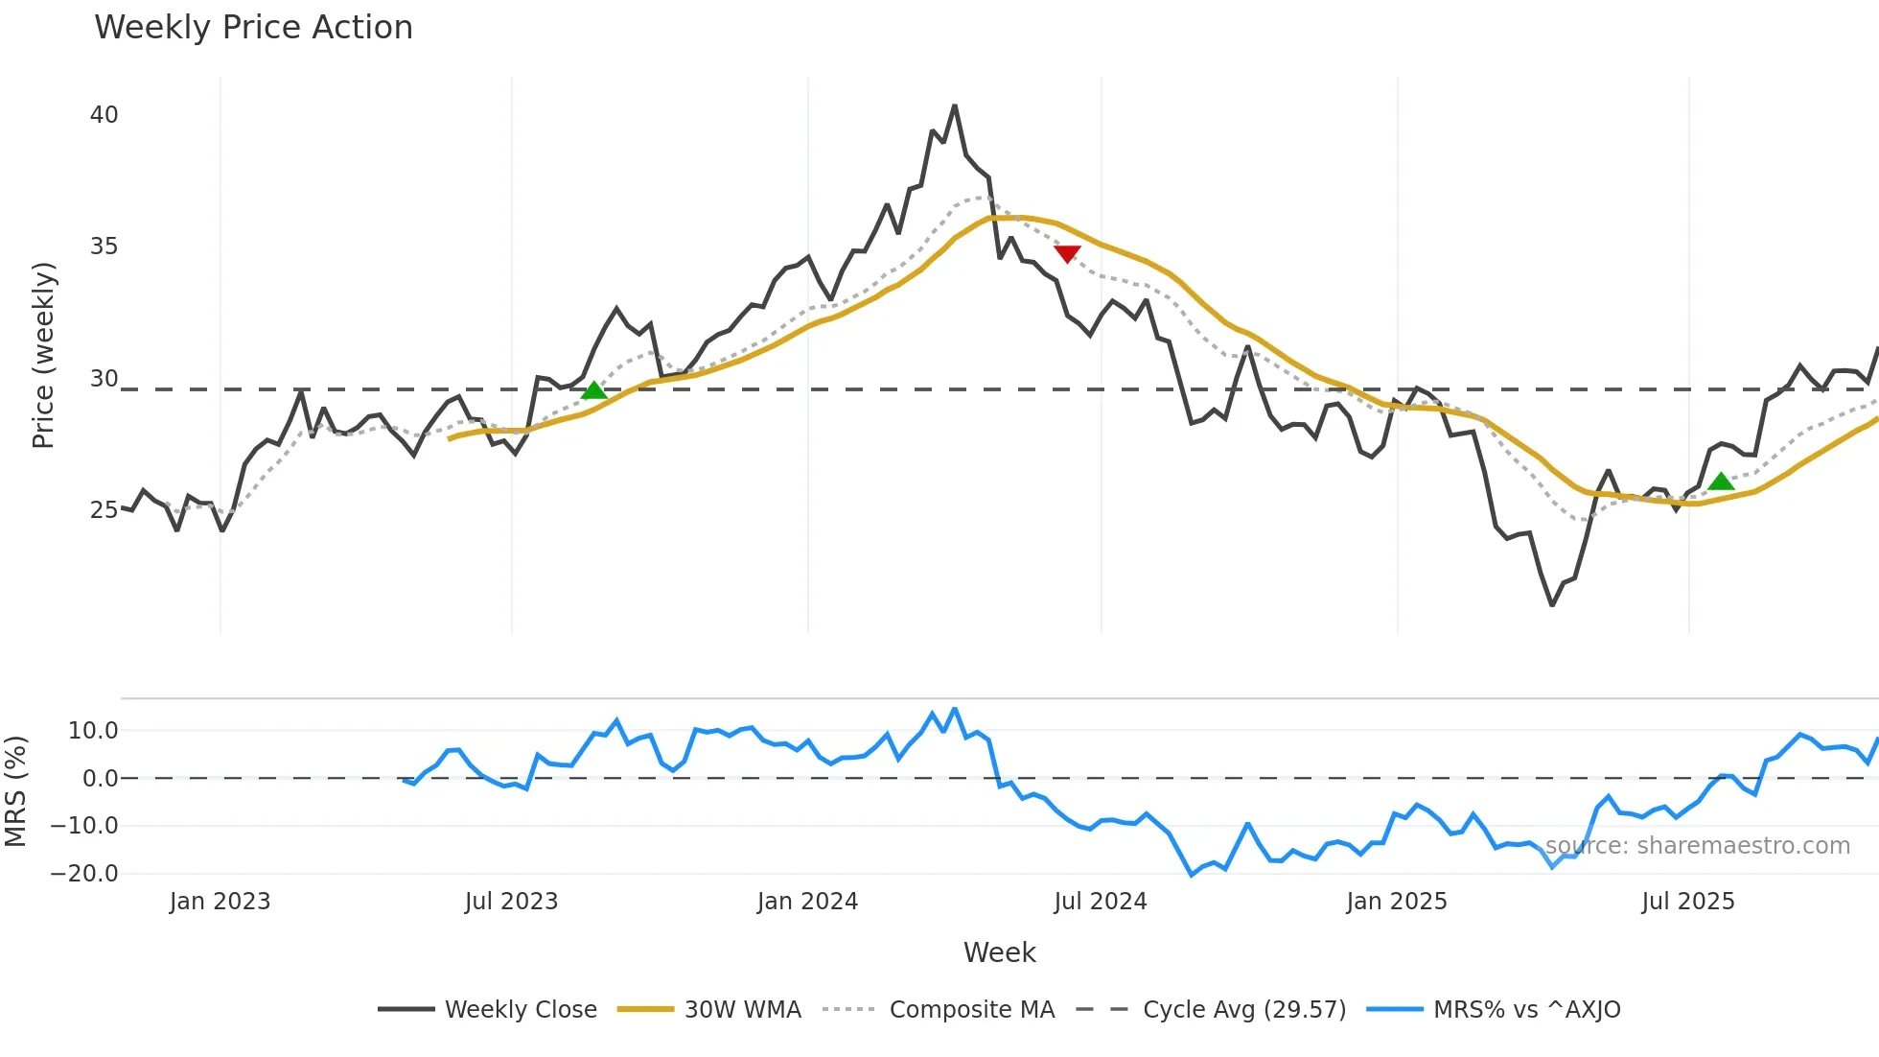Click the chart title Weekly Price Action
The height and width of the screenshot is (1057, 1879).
253,28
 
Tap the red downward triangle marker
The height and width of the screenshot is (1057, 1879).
1067,253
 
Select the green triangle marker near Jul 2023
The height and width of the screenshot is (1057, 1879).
594,390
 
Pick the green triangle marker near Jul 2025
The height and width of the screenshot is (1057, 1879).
1722,482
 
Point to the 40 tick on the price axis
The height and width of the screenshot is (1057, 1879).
104,115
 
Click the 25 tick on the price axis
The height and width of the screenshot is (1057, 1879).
104,510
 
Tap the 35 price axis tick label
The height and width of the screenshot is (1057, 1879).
104,247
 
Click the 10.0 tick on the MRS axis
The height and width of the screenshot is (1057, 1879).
93,731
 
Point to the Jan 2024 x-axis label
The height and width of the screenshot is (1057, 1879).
807,902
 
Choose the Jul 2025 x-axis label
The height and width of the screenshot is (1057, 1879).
1688,902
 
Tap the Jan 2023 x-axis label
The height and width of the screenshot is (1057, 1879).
220,902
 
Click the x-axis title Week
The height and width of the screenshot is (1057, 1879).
999,952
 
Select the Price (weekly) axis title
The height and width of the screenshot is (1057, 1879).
43,355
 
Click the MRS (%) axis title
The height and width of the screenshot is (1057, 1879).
15,791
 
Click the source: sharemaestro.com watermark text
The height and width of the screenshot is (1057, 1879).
1697,846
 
